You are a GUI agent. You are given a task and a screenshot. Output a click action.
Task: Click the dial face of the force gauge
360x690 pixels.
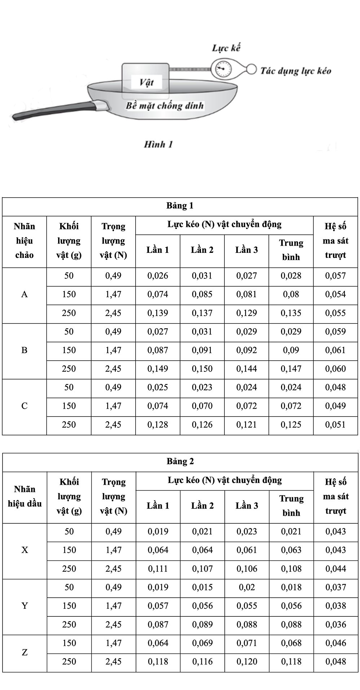(221, 69)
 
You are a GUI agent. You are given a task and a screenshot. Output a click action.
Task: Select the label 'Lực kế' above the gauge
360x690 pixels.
(226, 48)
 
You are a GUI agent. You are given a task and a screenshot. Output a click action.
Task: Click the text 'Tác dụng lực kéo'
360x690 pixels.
(296, 71)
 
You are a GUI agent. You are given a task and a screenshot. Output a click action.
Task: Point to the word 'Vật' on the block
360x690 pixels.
(146, 83)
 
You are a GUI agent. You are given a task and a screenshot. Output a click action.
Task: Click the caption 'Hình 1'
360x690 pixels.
(158, 144)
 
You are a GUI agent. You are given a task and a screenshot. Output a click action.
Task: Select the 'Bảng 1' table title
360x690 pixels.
(180, 206)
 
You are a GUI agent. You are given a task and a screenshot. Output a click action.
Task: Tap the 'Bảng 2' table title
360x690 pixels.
(180, 461)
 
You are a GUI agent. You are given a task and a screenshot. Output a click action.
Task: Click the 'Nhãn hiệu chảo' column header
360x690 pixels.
(25, 241)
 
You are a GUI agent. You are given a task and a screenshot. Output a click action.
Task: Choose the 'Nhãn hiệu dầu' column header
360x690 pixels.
(25, 496)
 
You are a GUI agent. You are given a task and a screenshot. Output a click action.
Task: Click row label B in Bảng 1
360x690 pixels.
(25, 350)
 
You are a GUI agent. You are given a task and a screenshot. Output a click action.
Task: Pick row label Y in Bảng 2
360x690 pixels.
(25, 606)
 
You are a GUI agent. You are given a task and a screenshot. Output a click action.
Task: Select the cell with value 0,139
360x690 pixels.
(158, 313)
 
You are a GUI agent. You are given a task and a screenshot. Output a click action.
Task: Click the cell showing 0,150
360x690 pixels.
(202, 369)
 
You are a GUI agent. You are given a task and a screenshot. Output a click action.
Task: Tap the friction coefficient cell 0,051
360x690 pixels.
(335, 425)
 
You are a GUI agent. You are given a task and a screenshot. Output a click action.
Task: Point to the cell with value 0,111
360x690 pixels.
(158, 569)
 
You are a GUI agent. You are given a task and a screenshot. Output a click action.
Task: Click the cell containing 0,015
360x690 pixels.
(202, 587)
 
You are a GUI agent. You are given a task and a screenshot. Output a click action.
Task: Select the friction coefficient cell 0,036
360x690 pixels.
(336, 624)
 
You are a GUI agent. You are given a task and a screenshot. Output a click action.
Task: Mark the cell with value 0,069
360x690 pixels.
(202, 643)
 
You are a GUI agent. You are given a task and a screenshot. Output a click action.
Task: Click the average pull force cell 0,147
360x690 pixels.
(291, 369)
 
